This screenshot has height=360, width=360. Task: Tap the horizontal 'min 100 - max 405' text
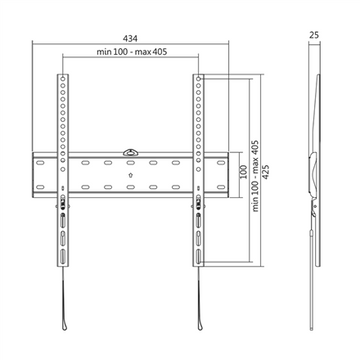pyautogui.click(x=132, y=56)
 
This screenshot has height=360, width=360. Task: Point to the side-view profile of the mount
pyautogui.click(x=313, y=180)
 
